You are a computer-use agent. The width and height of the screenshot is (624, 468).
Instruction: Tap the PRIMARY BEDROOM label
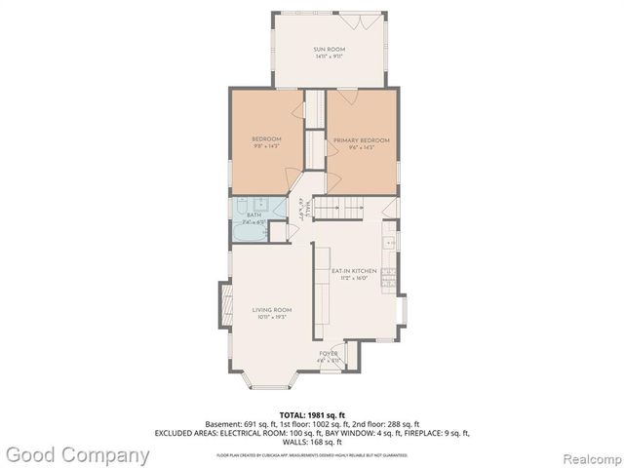[x=361, y=140]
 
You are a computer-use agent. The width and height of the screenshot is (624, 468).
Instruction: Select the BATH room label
[x=253, y=214]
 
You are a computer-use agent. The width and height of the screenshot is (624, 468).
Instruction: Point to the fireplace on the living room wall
[x=223, y=304]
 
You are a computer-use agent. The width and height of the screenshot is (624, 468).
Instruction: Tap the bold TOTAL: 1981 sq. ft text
[x=312, y=415]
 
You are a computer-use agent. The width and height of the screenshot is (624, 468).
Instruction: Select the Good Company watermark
[x=76, y=454]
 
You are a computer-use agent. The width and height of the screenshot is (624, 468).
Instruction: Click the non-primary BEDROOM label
[x=266, y=138]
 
